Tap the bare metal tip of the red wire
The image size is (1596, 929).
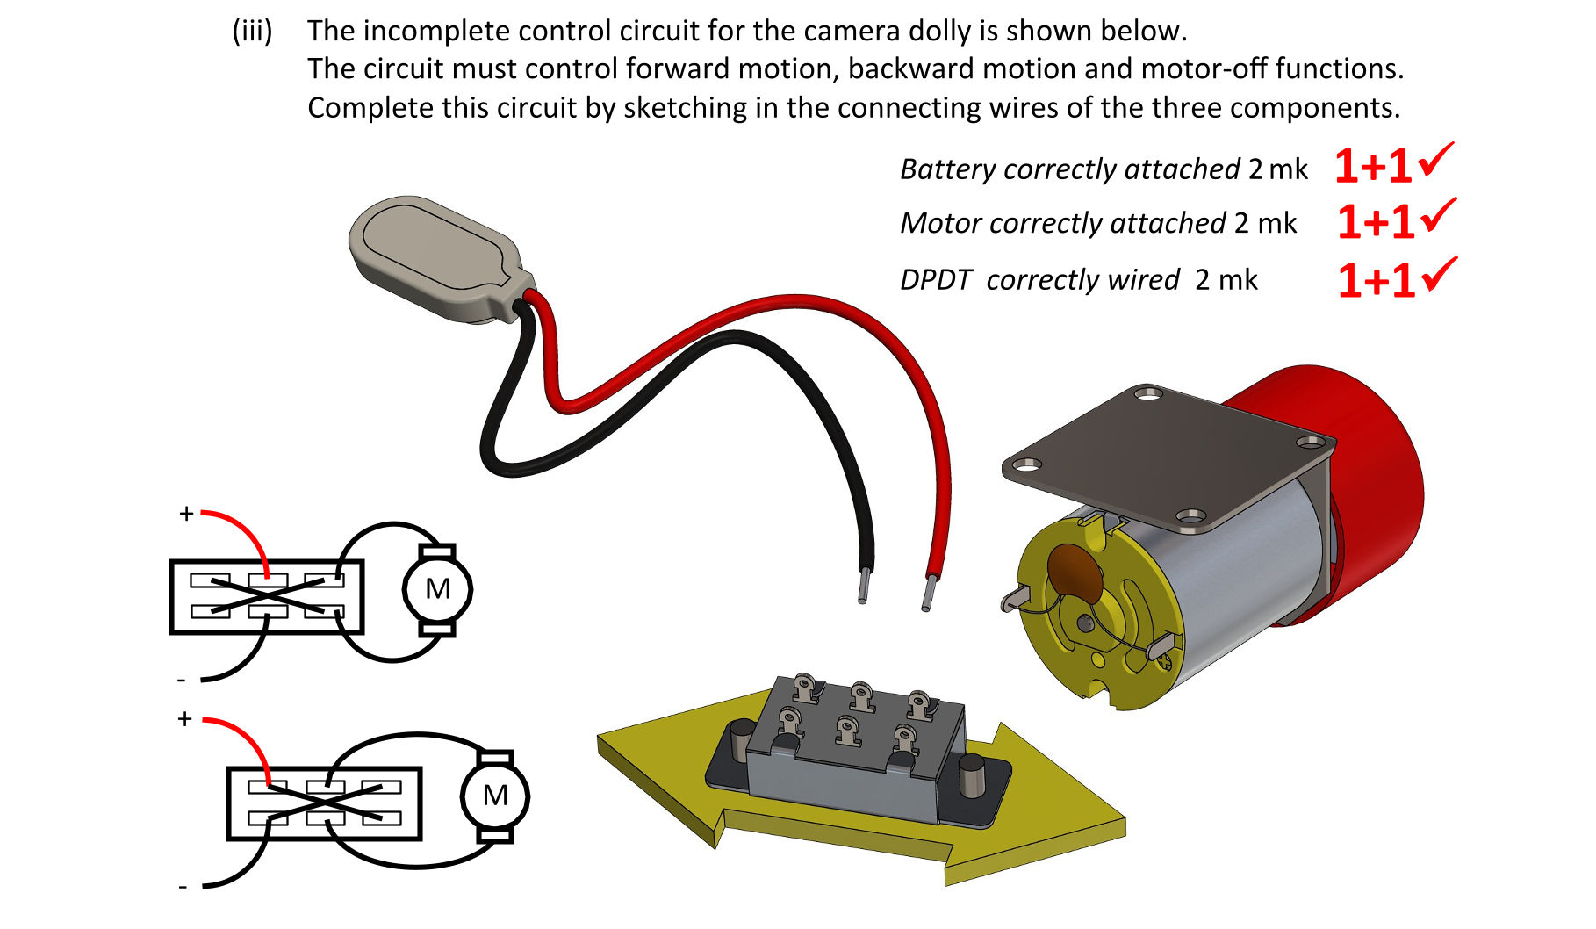click(927, 594)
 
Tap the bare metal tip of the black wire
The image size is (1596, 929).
click(864, 586)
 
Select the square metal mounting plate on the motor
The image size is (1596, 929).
click(1168, 457)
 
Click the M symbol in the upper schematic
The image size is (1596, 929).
click(437, 589)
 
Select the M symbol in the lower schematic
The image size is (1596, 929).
click(495, 796)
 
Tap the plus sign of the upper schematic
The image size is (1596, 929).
click(186, 514)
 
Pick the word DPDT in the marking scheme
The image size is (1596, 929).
click(936, 280)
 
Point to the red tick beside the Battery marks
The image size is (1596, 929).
click(1436, 160)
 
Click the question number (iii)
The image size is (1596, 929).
click(252, 32)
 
